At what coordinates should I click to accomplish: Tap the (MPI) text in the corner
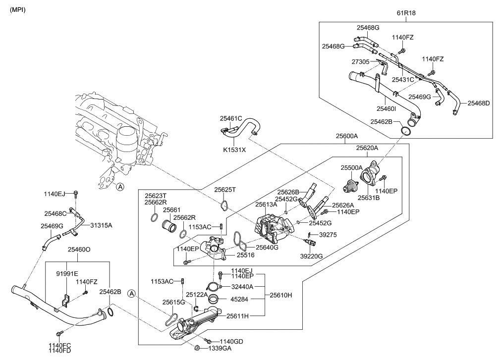[x=18, y=10]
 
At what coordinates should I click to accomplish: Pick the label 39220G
[x=311, y=256]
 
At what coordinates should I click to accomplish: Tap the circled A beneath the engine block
[x=119, y=186]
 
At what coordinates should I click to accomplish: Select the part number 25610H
[x=280, y=295]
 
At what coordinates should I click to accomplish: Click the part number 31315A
[x=101, y=225]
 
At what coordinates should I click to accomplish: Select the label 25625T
[x=225, y=189]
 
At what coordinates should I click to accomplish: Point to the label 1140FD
[x=59, y=351]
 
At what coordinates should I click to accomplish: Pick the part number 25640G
[x=267, y=247]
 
